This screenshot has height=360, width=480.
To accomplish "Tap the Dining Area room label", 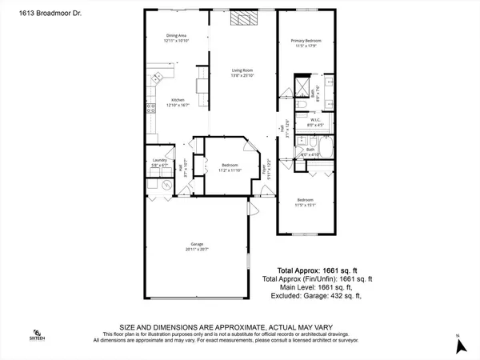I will (177, 38).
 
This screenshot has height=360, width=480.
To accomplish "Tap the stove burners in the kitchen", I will (149, 108).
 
